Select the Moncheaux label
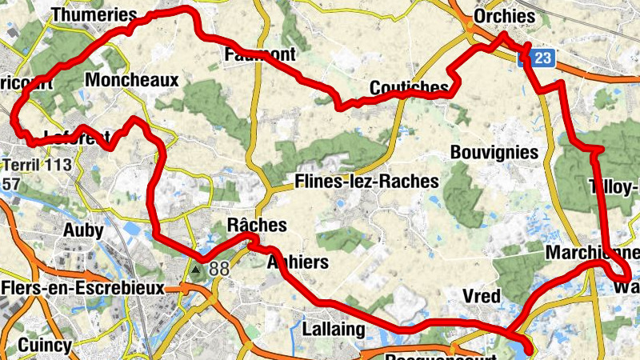(x=131, y=80)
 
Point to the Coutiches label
(x=409, y=87)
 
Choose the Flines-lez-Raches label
(x=367, y=182)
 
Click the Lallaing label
(x=334, y=329)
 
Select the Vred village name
(x=482, y=297)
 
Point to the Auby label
(x=83, y=231)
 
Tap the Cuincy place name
(x=45, y=346)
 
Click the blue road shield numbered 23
(x=542, y=58)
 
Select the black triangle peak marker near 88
(x=196, y=269)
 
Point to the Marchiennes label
(x=592, y=254)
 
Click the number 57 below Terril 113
(x=11, y=184)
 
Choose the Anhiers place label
(x=297, y=262)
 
